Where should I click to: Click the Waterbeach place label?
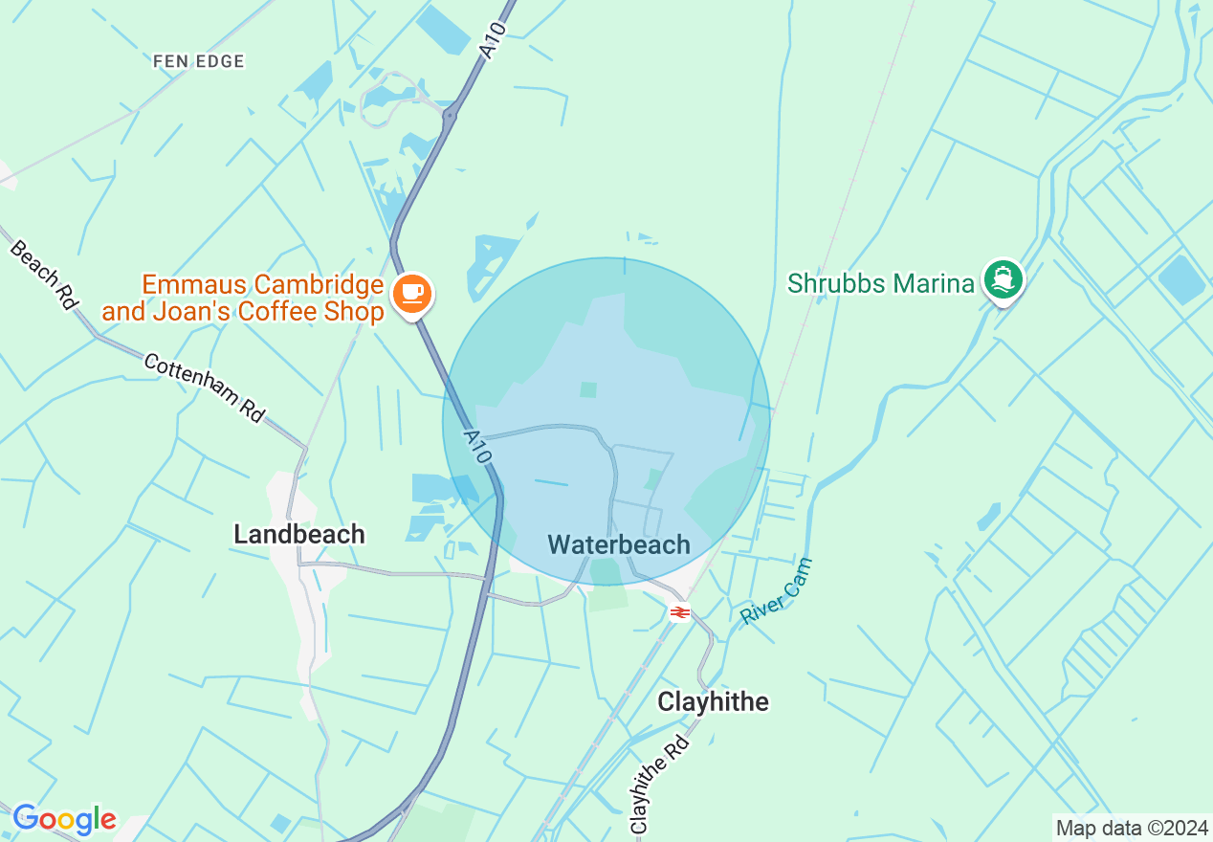pos(619,544)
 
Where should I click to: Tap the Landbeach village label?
pos(299,534)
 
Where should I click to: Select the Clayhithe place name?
pos(713,701)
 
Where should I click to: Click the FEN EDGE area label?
pos(199,61)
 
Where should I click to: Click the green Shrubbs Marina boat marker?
pos(1003,279)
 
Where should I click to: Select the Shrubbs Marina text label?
pos(880,283)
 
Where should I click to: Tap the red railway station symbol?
pos(679,612)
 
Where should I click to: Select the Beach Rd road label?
pos(44,274)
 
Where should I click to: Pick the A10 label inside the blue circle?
pos(476,446)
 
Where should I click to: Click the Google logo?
pos(64,819)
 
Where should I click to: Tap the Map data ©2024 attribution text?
pos(1132,828)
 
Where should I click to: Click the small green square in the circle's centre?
pos(588,389)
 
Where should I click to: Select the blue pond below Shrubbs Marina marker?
pos(1182,280)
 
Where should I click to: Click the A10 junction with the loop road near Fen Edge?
pos(449,115)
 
